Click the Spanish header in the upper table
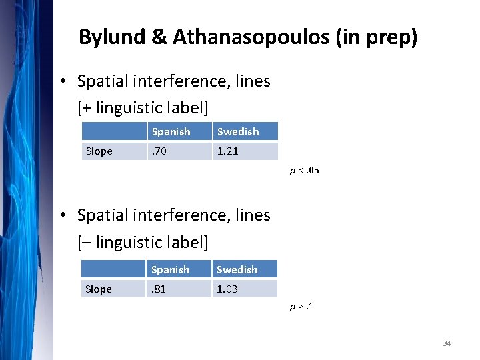click(x=171, y=132)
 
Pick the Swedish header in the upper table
click(x=237, y=132)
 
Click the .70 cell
click(x=159, y=151)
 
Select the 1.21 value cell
click(x=228, y=151)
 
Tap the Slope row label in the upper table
click(x=99, y=151)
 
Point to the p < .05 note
click(x=304, y=171)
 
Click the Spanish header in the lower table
click(x=171, y=270)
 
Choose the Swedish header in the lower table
click(x=237, y=270)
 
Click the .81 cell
click(x=159, y=289)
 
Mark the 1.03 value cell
click(x=228, y=289)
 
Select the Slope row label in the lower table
click(x=99, y=289)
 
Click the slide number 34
click(x=447, y=343)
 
